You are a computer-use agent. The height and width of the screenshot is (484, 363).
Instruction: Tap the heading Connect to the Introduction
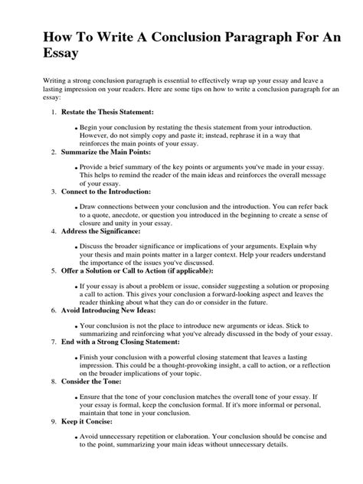click(106, 191)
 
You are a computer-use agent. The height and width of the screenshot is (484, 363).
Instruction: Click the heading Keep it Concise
click(85, 422)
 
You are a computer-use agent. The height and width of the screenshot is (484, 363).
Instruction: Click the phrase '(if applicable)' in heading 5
click(184, 270)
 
